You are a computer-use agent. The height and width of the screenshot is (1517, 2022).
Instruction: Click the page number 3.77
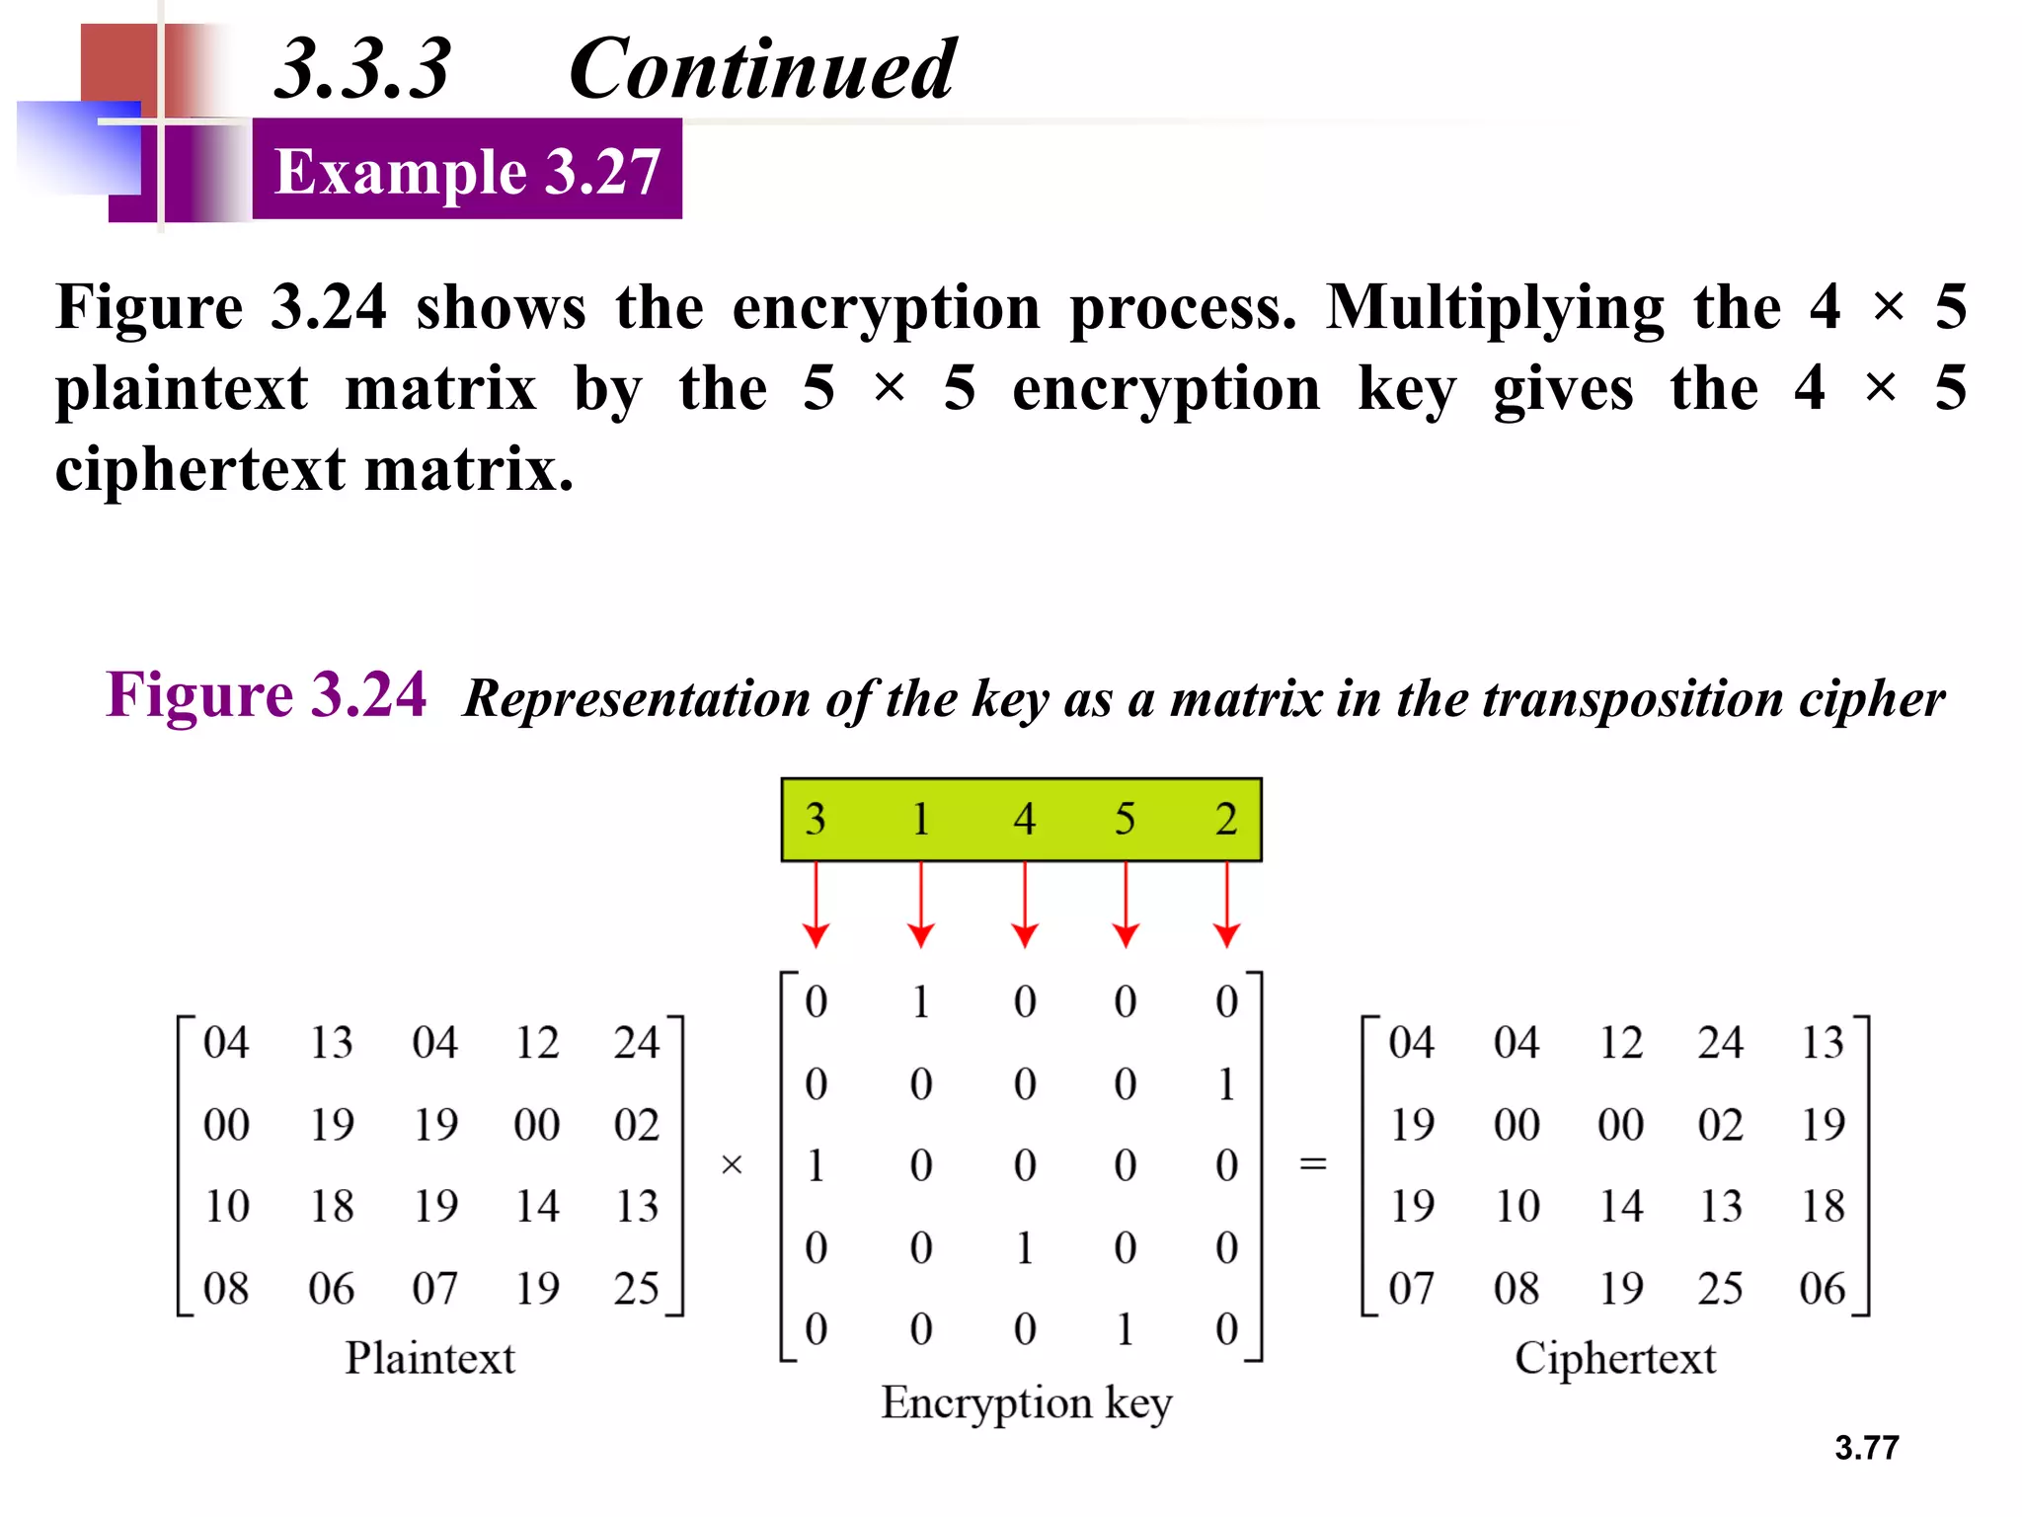[1866, 1448]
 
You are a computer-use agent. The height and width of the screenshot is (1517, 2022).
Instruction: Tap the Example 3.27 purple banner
[467, 170]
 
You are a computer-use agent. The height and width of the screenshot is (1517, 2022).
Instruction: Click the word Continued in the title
[761, 69]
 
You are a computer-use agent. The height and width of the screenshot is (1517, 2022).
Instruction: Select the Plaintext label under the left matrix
[429, 1358]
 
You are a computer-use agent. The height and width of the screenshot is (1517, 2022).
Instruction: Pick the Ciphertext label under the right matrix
[1615, 1358]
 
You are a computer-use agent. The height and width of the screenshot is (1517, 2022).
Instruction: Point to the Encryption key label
[1027, 1402]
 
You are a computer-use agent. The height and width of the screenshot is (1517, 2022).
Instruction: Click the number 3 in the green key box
[816, 820]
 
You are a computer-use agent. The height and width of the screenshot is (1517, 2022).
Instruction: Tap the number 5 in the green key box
[1125, 820]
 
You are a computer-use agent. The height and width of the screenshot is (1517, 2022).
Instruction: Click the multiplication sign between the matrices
[732, 1165]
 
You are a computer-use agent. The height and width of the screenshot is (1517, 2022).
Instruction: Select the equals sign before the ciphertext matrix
[1312, 1165]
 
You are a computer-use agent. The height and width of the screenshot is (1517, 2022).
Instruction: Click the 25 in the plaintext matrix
[636, 1288]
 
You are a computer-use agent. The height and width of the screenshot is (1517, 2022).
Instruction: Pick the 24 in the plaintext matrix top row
[636, 1043]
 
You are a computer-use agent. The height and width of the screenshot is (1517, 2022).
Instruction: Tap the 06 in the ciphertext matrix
[1822, 1288]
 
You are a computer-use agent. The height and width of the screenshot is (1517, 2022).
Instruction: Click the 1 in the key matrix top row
[920, 1002]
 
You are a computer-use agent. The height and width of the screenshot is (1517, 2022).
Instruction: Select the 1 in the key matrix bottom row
[1125, 1329]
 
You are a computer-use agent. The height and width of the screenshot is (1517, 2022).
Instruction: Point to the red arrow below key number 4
[1025, 905]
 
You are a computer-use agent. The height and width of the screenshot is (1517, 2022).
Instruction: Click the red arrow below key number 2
[1226, 905]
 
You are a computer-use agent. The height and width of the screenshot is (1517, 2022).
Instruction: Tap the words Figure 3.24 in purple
[267, 694]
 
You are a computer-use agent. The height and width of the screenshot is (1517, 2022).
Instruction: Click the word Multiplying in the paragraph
[1495, 307]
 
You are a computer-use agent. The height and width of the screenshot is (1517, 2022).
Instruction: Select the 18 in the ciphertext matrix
[1822, 1206]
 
